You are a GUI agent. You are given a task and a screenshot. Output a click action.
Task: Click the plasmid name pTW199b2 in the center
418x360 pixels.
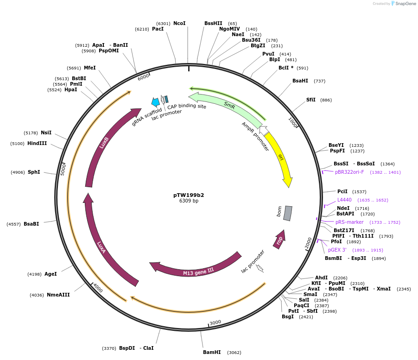(189, 195)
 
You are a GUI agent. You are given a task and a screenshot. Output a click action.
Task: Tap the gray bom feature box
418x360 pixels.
(288, 213)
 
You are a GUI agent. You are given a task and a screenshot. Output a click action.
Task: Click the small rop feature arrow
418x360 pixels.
(279, 239)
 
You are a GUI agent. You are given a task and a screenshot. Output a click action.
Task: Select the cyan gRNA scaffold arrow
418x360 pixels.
(155, 102)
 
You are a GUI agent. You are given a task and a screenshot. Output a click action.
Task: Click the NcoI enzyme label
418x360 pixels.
(179, 23)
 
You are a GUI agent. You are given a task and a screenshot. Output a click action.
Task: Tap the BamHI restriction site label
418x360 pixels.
(212, 352)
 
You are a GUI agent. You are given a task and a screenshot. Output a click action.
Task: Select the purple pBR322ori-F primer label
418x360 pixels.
(349, 172)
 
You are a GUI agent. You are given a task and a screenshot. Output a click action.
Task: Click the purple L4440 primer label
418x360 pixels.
(344, 200)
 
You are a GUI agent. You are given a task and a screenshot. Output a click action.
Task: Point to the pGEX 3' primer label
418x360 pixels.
(337, 250)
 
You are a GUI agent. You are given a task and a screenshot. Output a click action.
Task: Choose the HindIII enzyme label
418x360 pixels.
(37, 143)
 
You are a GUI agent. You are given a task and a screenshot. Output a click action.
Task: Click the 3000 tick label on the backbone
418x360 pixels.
(215, 322)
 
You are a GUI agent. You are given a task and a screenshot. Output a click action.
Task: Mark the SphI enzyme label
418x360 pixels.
(34, 172)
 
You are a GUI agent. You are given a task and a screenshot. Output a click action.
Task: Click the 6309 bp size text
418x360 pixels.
(189, 201)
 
